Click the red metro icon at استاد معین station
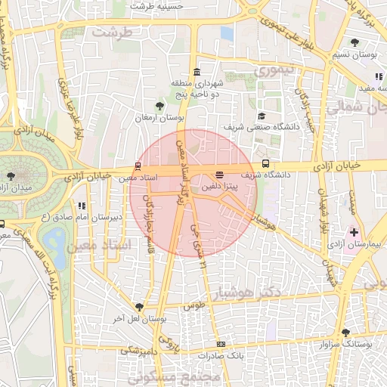pos(137,166)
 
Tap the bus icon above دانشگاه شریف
pos(265,163)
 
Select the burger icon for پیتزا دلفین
pos(219,174)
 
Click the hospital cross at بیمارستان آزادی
pos(354,231)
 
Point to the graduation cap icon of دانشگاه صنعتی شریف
pos(262,116)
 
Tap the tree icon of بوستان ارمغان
pos(159,107)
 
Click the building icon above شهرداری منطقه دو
pos(197,73)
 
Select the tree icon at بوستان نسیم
pos(355,42)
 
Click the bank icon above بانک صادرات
pos(220,344)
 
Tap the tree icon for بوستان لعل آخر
pos(139,306)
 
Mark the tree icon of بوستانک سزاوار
pos(345,332)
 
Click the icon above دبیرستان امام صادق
pos(82,206)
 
